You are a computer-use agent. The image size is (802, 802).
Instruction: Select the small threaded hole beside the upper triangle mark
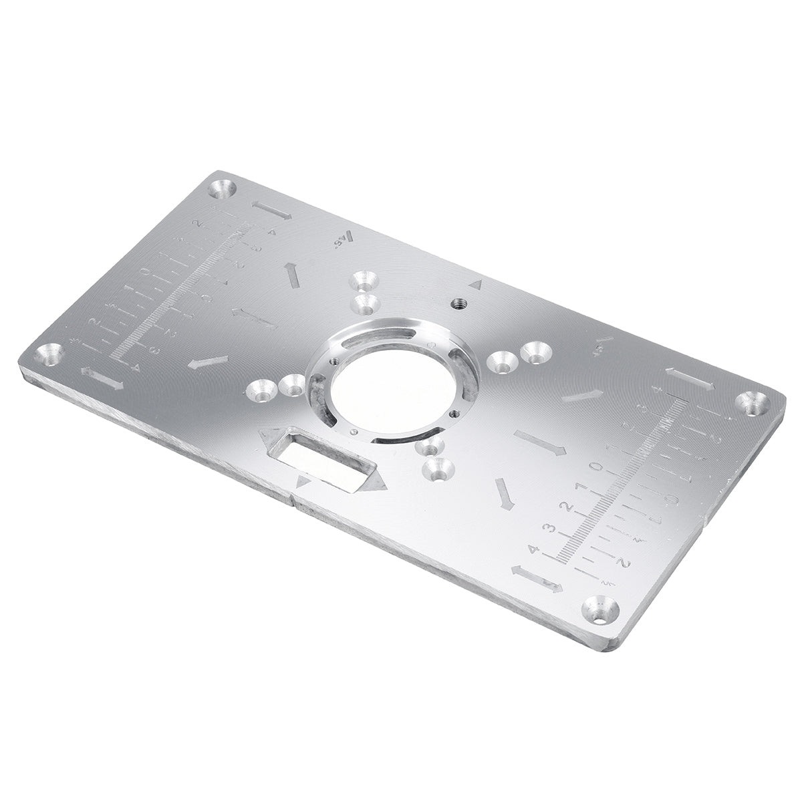click(458, 303)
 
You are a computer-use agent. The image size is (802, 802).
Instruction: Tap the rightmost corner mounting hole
click(753, 402)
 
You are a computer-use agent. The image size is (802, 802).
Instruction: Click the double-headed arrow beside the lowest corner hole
click(536, 579)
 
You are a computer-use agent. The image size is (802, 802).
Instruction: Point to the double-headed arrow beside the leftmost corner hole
click(102, 378)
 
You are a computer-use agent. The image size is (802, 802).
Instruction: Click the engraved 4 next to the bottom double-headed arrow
click(533, 549)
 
